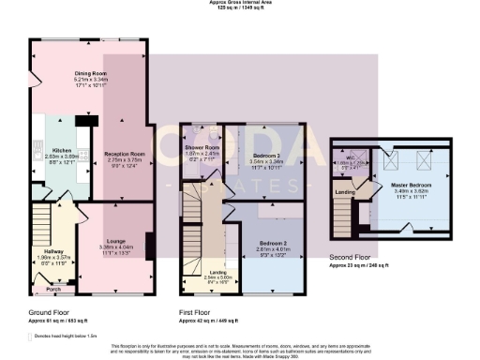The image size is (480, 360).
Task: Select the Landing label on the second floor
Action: point(343,193)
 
